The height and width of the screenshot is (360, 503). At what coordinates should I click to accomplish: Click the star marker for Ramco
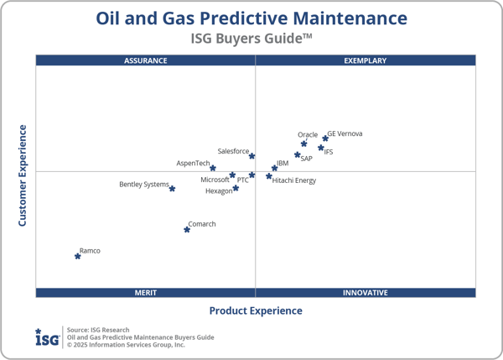pyautogui.click(x=78, y=256)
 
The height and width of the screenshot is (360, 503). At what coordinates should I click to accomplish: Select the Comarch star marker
pyautogui.click(x=187, y=229)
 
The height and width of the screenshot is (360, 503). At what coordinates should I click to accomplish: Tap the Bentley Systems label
pyautogui.click(x=143, y=185)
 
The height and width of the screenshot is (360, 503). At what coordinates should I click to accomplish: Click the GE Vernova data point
pyautogui.click(x=325, y=138)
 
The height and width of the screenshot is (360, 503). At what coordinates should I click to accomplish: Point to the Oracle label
pyautogui.click(x=308, y=134)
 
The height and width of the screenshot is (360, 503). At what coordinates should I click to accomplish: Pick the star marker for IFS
pyautogui.click(x=321, y=148)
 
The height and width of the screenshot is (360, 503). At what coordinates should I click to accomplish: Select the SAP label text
pyautogui.click(x=307, y=159)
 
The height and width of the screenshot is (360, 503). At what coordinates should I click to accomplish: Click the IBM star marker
pyautogui.click(x=274, y=169)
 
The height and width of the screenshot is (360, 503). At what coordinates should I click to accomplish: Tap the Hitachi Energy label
pyautogui.click(x=294, y=180)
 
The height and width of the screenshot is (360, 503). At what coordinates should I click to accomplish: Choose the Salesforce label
pyautogui.click(x=233, y=151)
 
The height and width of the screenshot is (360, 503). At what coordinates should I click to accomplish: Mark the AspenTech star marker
pyautogui.click(x=213, y=168)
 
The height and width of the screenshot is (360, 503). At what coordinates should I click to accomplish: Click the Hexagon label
pyautogui.click(x=219, y=191)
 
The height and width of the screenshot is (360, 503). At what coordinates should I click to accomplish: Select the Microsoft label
pyautogui.click(x=215, y=180)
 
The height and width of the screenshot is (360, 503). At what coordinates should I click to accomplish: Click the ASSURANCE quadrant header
pyautogui.click(x=146, y=60)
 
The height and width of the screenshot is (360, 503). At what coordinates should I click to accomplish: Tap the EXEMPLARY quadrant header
pyautogui.click(x=366, y=60)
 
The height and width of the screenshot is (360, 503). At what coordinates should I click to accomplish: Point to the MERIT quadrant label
pyautogui.click(x=146, y=293)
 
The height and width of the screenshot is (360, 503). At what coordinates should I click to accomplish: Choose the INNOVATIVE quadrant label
pyautogui.click(x=366, y=293)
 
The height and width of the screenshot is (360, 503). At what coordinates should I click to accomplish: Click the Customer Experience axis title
pyautogui.click(x=23, y=175)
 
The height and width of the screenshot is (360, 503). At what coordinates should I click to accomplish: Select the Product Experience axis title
pyautogui.click(x=256, y=310)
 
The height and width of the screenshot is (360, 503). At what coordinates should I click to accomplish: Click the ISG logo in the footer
pyautogui.click(x=46, y=337)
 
